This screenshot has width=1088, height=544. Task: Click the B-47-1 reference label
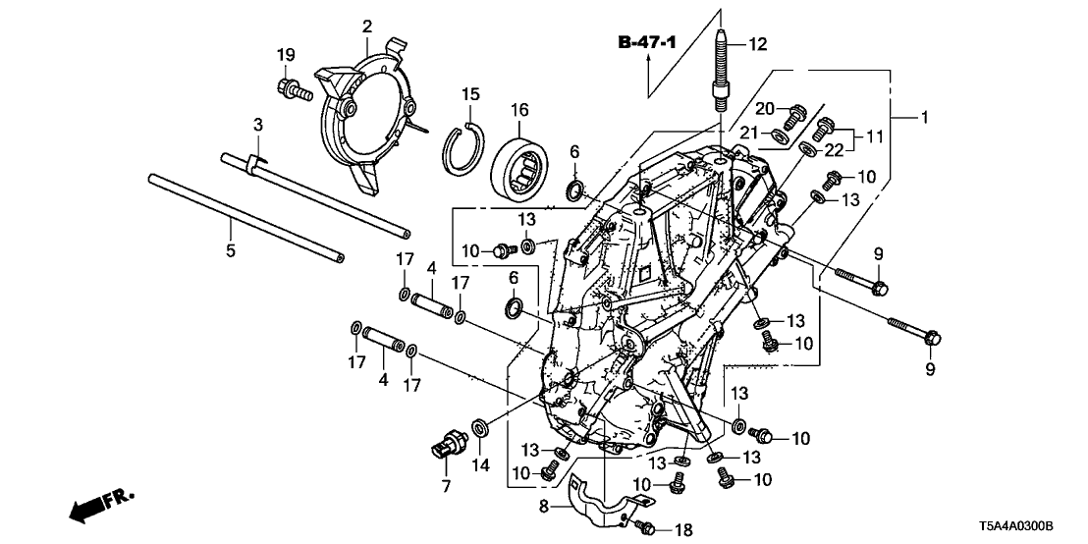[648, 42]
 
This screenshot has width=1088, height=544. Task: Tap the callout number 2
[366, 25]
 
